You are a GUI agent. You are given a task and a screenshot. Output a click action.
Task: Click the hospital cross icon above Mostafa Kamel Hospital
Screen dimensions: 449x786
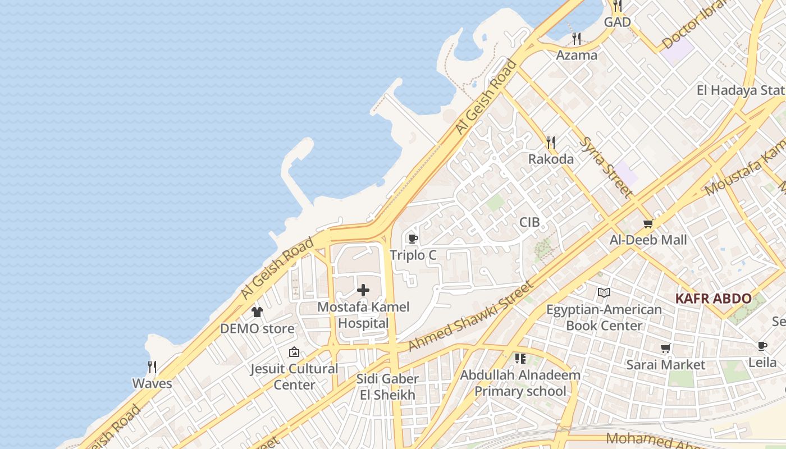[x=363, y=290]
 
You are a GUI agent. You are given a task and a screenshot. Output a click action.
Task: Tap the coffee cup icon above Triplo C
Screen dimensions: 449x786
[x=413, y=239]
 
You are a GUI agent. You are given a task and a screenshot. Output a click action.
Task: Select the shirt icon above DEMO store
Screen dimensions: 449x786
[x=257, y=312]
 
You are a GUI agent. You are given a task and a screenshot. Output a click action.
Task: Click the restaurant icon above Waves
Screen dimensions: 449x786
[x=152, y=367]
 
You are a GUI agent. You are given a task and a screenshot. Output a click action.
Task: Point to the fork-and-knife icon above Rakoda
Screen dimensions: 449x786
[x=551, y=143]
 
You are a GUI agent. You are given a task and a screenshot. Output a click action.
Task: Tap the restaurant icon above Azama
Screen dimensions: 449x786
[x=576, y=39]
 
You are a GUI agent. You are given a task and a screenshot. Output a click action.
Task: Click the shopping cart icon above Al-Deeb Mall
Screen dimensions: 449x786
[x=648, y=224]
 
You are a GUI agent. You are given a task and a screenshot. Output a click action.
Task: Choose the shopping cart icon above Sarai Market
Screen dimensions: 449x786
[x=665, y=349]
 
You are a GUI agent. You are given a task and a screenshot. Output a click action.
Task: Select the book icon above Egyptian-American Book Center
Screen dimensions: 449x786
[x=604, y=293]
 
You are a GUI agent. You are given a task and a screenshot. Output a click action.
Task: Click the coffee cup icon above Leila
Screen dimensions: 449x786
[x=762, y=346]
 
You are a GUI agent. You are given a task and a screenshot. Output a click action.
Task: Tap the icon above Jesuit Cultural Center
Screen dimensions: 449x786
[x=294, y=352]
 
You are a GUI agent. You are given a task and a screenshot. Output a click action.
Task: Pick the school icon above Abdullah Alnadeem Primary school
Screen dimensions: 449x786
[x=520, y=359]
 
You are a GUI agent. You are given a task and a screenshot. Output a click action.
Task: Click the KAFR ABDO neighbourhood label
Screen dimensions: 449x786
[x=713, y=299]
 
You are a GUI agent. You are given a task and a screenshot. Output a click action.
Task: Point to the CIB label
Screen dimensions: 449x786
[x=529, y=222]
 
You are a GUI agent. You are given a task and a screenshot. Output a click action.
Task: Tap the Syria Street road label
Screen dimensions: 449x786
[x=606, y=167]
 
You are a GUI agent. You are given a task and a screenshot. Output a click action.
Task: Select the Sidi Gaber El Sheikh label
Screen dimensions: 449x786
[x=387, y=387]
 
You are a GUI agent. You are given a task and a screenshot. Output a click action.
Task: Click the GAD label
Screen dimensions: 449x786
[x=617, y=22]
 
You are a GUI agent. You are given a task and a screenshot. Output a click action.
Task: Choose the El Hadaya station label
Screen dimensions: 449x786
[x=741, y=90]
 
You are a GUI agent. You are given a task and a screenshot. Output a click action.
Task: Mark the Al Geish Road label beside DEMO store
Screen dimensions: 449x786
[x=277, y=268]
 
